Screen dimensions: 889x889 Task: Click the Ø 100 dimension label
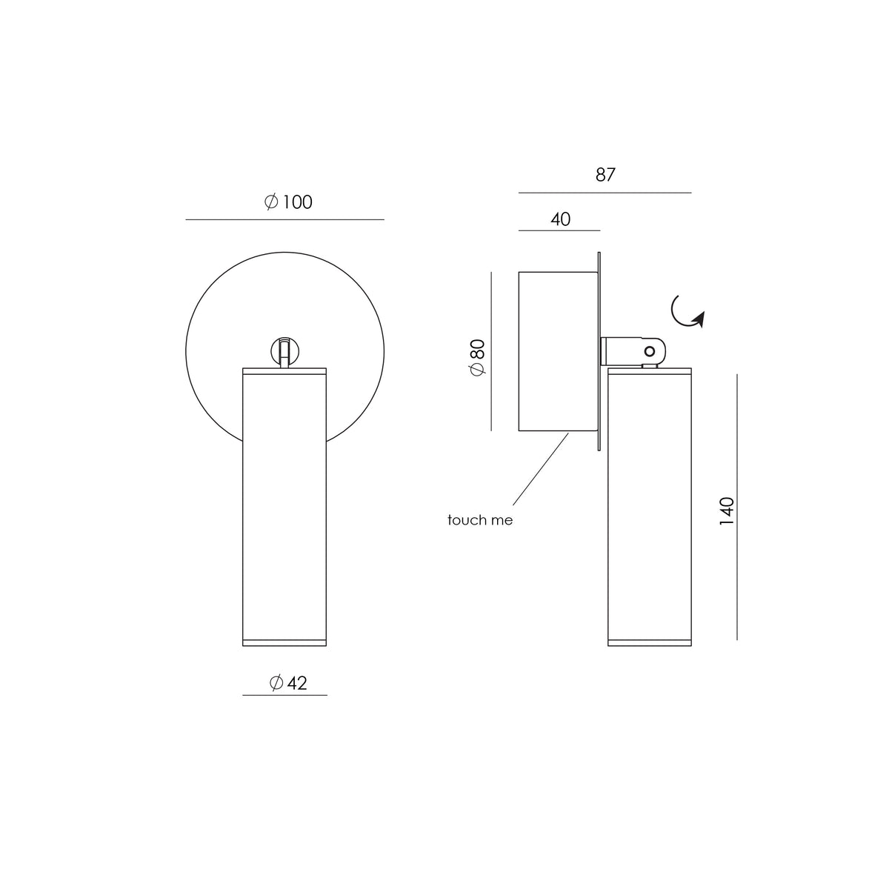pos(288,202)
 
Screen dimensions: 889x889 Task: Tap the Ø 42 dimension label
pos(288,683)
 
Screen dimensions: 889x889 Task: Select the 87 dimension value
pos(605,175)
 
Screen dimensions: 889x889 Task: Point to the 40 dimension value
pos(561,219)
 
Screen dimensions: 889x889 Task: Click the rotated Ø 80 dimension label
pos(478,357)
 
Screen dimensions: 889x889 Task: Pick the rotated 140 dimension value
pos(727,511)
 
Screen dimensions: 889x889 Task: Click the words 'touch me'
pos(480,520)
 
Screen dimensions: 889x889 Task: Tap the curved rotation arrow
pos(687,313)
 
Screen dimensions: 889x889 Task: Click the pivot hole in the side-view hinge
pos(650,352)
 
